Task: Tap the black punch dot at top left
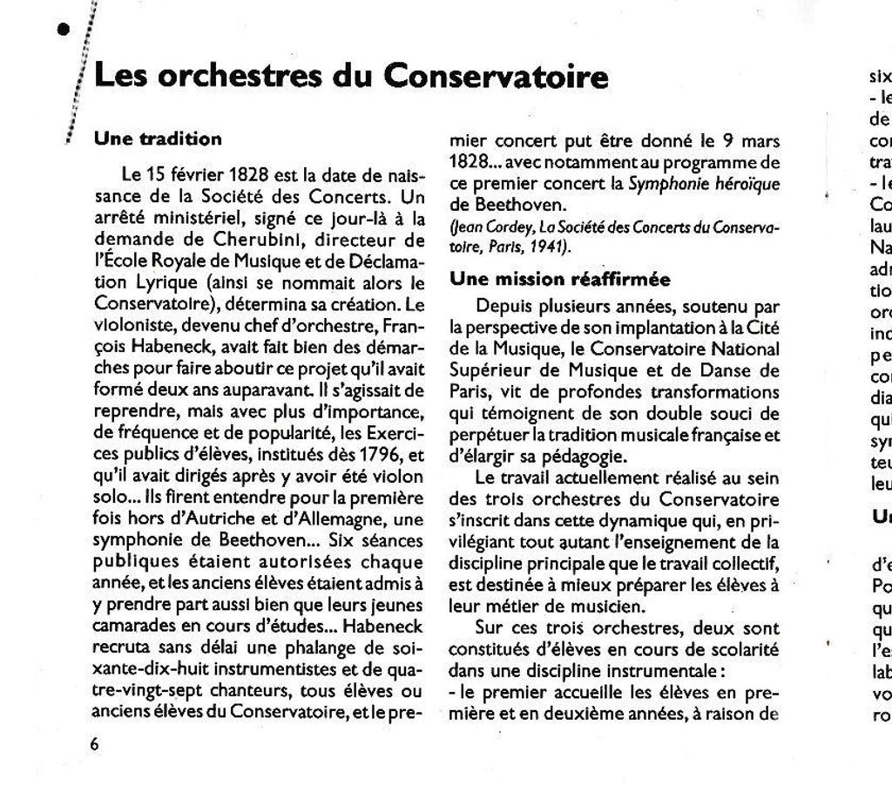point(62,29)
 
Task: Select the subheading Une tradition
point(158,139)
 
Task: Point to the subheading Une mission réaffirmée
point(560,280)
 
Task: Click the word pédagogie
point(585,456)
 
